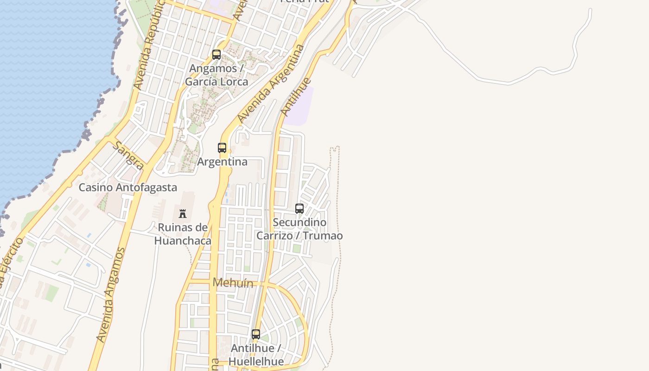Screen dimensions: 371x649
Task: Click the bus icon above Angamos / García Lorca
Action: point(216,55)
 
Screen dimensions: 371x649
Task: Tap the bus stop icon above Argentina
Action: point(222,148)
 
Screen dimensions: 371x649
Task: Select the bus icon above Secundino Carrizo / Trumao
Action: point(299,209)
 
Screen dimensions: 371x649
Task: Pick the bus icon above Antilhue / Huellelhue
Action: point(256,334)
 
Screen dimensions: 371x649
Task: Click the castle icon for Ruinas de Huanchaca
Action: point(183,214)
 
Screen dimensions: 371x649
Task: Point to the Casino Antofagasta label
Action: point(127,187)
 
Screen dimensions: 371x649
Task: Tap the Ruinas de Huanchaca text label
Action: point(183,234)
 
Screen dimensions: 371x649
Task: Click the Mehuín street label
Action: point(233,282)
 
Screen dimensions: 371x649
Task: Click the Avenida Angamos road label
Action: point(111,295)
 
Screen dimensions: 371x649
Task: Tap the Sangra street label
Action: point(128,155)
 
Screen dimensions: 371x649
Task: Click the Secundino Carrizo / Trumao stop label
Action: point(299,229)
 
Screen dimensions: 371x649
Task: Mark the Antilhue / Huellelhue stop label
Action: point(257,355)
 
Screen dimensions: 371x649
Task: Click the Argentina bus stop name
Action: point(222,162)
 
